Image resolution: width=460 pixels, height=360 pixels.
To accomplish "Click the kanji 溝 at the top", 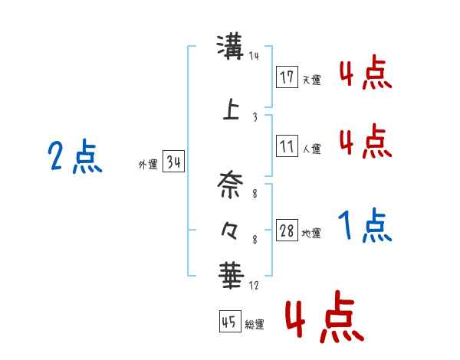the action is pyautogui.click(x=230, y=47).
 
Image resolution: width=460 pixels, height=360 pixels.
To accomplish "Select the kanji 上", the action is pyautogui.click(x=231, y=109).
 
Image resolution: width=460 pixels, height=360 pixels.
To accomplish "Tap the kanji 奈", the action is pyautogui.click(x=230, y=185).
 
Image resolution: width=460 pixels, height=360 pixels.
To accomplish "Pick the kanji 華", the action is pyautogui.click(x=232, y=275).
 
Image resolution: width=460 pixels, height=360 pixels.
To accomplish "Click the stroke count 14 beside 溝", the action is pyautogui.click(x=254, y=55).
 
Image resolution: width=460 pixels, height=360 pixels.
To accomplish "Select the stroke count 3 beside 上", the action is pyautogui.click(x=255, y=117).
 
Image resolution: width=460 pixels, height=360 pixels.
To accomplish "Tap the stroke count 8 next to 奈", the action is pyautogui.click(x=255, y=194).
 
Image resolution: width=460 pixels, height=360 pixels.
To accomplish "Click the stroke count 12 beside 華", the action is pyautogui.click(x=254, y=285).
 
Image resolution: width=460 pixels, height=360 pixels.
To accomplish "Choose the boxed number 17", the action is pyautogui.click(x=287, y=77).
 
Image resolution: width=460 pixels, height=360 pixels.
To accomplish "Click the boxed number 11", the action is pyautogui.click(x=287, y=146).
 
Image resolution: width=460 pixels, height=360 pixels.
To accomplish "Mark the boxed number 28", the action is pyautogui.click(x=287, y=230).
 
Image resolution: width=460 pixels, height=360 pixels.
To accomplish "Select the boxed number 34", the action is pyautogui.click(x=173, y=162).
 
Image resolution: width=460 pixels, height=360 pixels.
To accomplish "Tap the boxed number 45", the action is pyautogui.click(x=230, y=321).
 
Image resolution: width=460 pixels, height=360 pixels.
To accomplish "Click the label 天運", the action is pyautogui.click(x=311, y=80).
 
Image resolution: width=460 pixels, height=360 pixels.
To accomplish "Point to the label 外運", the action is pyautogui.click(x=148, y=165).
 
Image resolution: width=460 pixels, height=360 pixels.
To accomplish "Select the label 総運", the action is pyautogui.click(x=255, y=324).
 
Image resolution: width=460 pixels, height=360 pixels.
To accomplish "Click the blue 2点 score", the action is pyautogui.click(x=75, y=156).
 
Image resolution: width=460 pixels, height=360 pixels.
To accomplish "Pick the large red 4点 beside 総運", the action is pyautogui.click(x=324, y=316).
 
